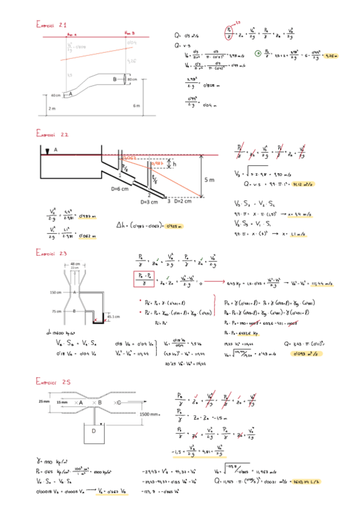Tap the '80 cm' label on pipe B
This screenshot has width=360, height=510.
tap(132, 79)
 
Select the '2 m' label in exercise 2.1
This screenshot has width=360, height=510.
tap(52, 108)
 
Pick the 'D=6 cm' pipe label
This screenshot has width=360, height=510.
tap(120, 188)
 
